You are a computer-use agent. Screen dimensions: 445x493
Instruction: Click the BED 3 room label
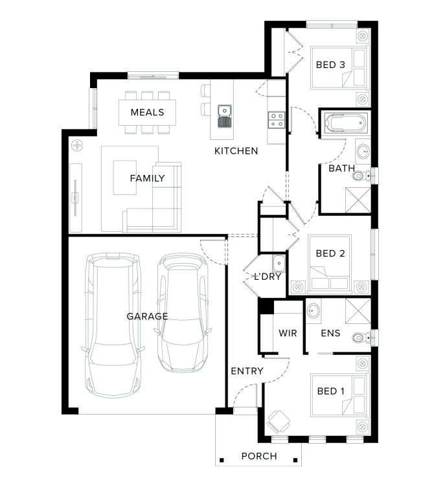[x=330, y=65]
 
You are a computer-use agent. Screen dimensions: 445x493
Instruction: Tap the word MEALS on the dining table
[x=148, y=112]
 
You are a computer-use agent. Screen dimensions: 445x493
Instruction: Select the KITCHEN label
[x=236, y=151]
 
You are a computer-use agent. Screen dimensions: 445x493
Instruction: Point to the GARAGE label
[x=147, y=316]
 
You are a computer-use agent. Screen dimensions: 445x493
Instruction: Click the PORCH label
[x=259, y=456]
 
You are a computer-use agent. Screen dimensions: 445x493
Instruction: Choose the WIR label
[x=288, y=333]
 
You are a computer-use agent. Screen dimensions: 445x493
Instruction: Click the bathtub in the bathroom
[x=345, y=122]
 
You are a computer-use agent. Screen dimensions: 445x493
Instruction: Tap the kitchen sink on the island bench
[x=224, y=117]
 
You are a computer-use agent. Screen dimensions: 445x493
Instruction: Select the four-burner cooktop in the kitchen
[x=277, y=120]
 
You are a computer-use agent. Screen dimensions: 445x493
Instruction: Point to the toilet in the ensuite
[x=363, y=338]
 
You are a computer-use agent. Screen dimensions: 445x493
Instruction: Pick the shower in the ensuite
[x=358, y=311]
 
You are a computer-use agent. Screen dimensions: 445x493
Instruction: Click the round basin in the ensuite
[x=313, y=311]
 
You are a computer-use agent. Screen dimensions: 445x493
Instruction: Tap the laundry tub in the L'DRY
[x=279, y=264]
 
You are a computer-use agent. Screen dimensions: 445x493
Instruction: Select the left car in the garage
[x=113, y=325]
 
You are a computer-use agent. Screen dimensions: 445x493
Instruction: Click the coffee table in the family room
[x=125, y=178]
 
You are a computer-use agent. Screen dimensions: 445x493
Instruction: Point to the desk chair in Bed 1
[x=279, y=422]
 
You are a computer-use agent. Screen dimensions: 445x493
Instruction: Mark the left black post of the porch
[x=222, y=461]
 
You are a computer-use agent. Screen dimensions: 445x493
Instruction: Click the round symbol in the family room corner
[x=77, y=146]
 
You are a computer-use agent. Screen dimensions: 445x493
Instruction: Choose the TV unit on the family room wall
[x=75, y=198]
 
